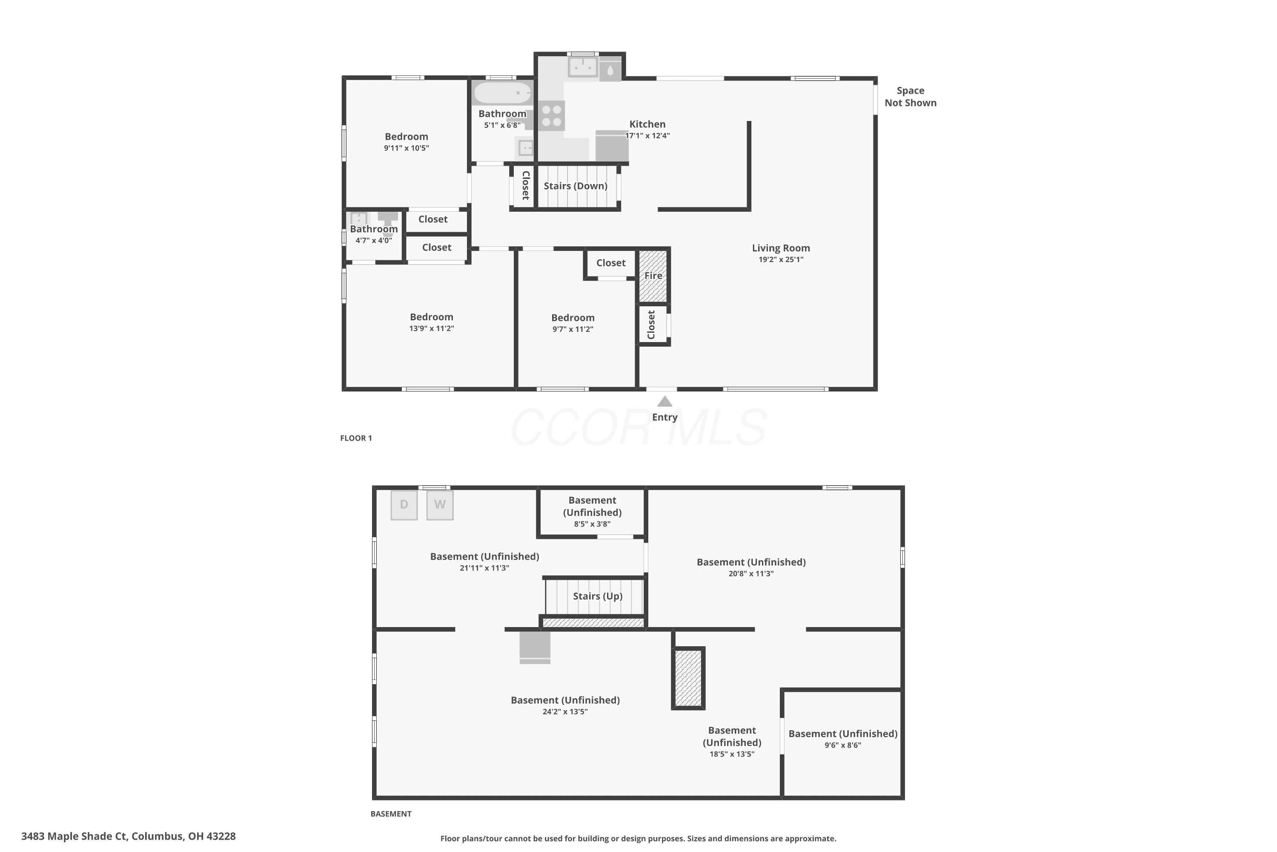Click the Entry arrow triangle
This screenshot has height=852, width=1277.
point(664,402)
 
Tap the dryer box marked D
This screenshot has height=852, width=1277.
point(404,505)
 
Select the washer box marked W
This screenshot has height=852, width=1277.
point(440,505)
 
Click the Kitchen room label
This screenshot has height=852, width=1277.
point(647,124)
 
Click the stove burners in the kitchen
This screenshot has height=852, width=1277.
point(552,116)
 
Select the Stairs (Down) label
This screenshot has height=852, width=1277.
point(576,186)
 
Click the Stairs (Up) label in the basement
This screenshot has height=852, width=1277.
point(597,596)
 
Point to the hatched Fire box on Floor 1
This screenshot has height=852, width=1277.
point(653,276)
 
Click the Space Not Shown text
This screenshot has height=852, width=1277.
point(911,97)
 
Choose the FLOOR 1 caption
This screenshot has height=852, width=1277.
point(356,438)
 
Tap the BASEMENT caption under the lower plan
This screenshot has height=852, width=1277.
point(391,813)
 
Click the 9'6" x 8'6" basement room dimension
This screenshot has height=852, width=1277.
point(843,745)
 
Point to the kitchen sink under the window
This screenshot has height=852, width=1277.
point(583,67)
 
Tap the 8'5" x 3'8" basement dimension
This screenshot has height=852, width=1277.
point(593,524)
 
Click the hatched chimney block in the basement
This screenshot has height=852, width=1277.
point(688,678)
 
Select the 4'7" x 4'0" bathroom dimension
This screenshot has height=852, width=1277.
point(374,241)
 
